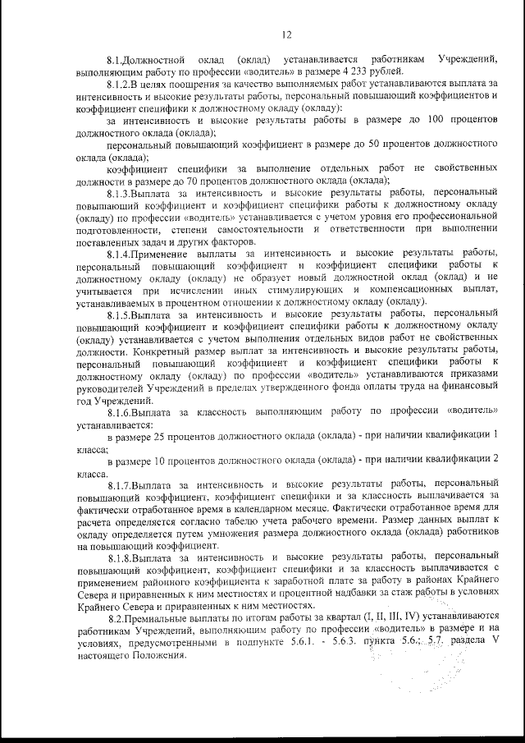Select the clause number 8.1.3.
(124, 192)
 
